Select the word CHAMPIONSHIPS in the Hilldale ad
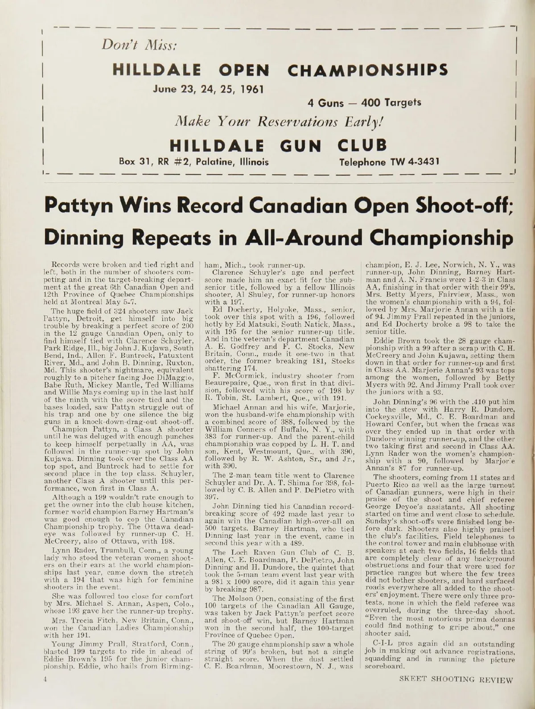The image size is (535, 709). coord(368,70)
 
